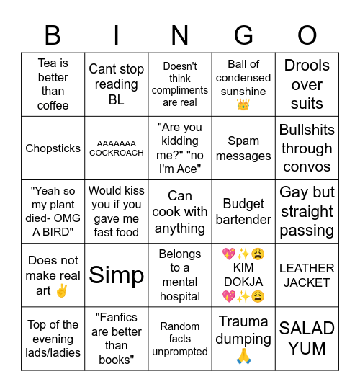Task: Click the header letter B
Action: click(x=53, y=35)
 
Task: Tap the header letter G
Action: click(x=243, y=35)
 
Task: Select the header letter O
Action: click(x=307, y=35)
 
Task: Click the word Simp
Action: click(x=117, y=275)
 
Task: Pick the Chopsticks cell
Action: click(x=53, y=148)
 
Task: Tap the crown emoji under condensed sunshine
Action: click(x=243, y=105)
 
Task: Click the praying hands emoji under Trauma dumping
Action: click(x=243, y=355)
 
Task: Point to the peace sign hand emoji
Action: click(x=62, y=290)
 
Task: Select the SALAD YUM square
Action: click(x=307, y=338)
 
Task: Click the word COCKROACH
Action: click(x=117, y=153)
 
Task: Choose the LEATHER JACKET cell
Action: click(x=307, y=275)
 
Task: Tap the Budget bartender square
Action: click(x=243, y=212)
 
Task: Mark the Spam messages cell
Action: click(x=243, y=148)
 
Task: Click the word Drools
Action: click(x=307, y=66)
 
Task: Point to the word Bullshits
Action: click(x=307, y=130)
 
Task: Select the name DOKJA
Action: click(x=243, y=282)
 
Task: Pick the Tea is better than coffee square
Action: click(x=53, y=84)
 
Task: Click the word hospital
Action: click(x=180, y=296)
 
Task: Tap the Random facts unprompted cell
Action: click(x=180, y=339)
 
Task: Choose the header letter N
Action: click(x=180, y=35)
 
